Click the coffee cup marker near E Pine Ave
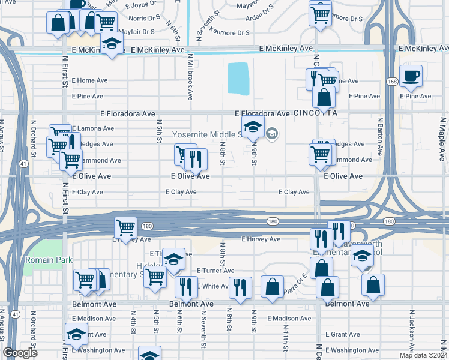[x=411, y=76]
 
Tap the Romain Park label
[x=49, y=260]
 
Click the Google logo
[x=20, y=353]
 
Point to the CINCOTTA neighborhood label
[x=316, y=113]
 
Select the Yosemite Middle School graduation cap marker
[x=253, y=126]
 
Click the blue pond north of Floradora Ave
[x=238, y=78]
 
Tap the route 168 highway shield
[x=391, y=81]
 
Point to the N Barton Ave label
[x=380, y=138]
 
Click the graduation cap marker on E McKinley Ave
[x=111, y=44]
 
